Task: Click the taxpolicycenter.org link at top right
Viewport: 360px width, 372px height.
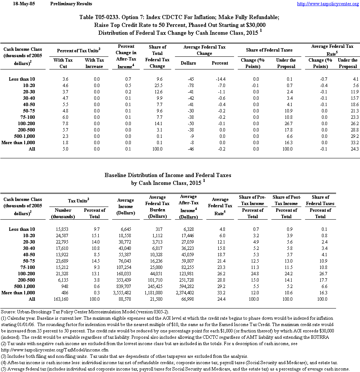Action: click(x=327, y=4)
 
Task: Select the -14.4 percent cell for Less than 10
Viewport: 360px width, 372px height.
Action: click(x=220, y=79)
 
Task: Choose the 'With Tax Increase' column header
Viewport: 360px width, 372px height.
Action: click(x=94, y=63)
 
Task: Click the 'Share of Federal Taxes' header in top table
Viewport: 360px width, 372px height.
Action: click(x=269, y=50)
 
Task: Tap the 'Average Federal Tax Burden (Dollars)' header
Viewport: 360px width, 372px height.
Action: click(x=157, y=207)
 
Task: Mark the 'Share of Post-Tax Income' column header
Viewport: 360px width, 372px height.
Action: click(x=286, y=200)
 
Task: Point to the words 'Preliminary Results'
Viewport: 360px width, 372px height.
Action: click(x=71, y=4)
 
